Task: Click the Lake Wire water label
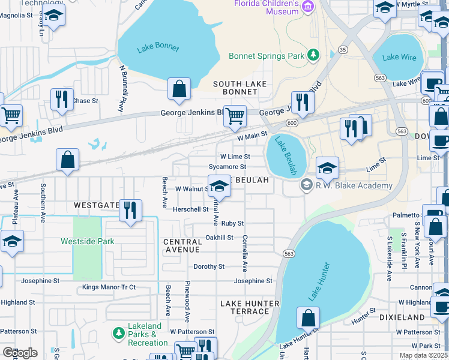coord(399,58)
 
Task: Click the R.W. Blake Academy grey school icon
coord(307,185)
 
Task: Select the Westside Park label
coord(87,242)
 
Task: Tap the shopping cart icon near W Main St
coord(235,116)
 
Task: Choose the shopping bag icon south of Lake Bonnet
coord(179,89)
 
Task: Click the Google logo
coord(20,353)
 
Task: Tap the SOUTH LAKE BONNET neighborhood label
coord(240,88)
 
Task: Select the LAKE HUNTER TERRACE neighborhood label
coord(249,307)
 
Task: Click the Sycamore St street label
coord(227,167)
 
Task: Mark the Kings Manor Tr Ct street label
coord(109,287)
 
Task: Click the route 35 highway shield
coord(343,49)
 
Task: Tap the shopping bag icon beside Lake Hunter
coord(308,318)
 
